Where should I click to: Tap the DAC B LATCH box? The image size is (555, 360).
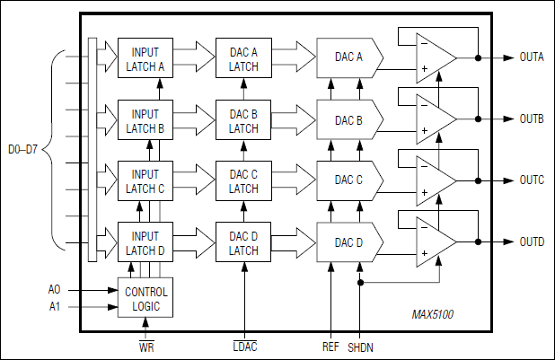[x=243, y=121]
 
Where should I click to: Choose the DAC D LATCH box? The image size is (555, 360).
[x=243, y=242]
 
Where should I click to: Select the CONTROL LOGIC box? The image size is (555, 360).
[x=145, y=299]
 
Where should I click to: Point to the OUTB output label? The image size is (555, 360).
[x=532, y=119]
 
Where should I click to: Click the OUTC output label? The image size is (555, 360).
[x=532, y=180]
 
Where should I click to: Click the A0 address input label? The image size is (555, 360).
[x=54, y=290]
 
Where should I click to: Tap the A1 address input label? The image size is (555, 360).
[x=54, y=306]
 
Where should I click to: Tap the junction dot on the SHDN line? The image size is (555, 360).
[x=360, y=283]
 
